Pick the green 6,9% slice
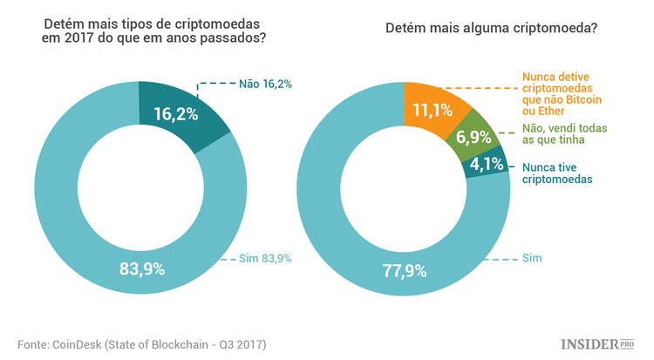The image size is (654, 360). pos(471,138)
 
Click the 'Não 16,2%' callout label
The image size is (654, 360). pos(264,85)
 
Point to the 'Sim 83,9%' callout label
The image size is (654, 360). pos(265,258)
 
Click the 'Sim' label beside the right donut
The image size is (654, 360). pos(531,258)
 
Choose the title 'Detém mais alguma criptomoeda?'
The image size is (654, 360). pos(491,29)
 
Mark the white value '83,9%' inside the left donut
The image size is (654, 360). pos(141,268)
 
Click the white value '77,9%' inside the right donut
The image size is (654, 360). pos(403,269)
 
